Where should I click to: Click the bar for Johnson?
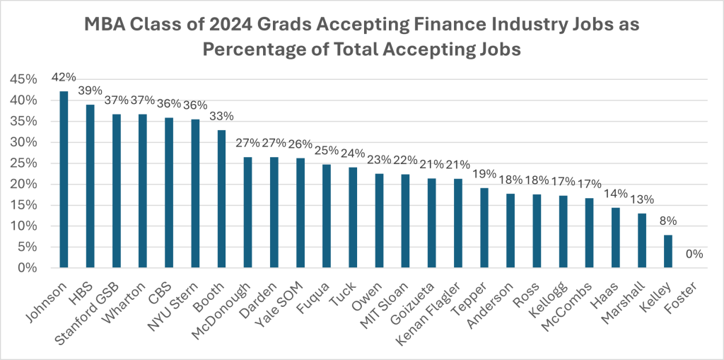coord(64,180)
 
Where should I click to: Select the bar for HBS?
coord(90,186)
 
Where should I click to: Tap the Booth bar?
coord(221,199)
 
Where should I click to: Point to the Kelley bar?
coord(669,251)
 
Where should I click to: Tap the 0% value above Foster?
coord(695,254)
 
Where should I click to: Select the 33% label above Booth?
coord(221,116)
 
